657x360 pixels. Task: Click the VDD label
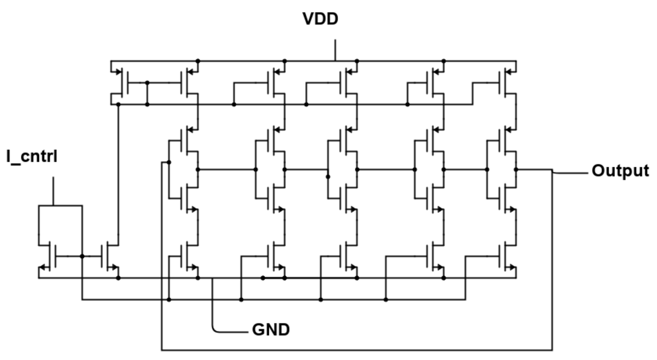pyautogui.click(x=320, y=19)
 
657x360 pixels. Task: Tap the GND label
pyautogui.click(x=271, y=329)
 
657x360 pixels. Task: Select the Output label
pyautogui.click(x=620, y=170)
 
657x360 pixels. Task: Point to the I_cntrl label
pyautogui.click(x=32, y=156)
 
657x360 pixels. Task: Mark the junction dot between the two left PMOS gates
pyautogui.click(x=147, y=82)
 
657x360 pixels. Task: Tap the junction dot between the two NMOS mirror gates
pyautogui.click(x=82, y=256)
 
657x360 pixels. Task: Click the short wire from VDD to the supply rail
pyautogui.click(x=336, y=50)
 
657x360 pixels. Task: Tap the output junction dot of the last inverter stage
pyautogui.click(x=516, y=169)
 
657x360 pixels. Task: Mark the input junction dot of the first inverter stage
pyautogui.click(x=169, y=162)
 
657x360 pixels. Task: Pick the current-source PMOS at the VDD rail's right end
pyautogui.click(x=508, y=82)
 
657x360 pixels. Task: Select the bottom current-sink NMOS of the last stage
pyautogui.click(x=508, y=256)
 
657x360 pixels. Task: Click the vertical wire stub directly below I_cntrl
pyautogui.click(x=53, y=191)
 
